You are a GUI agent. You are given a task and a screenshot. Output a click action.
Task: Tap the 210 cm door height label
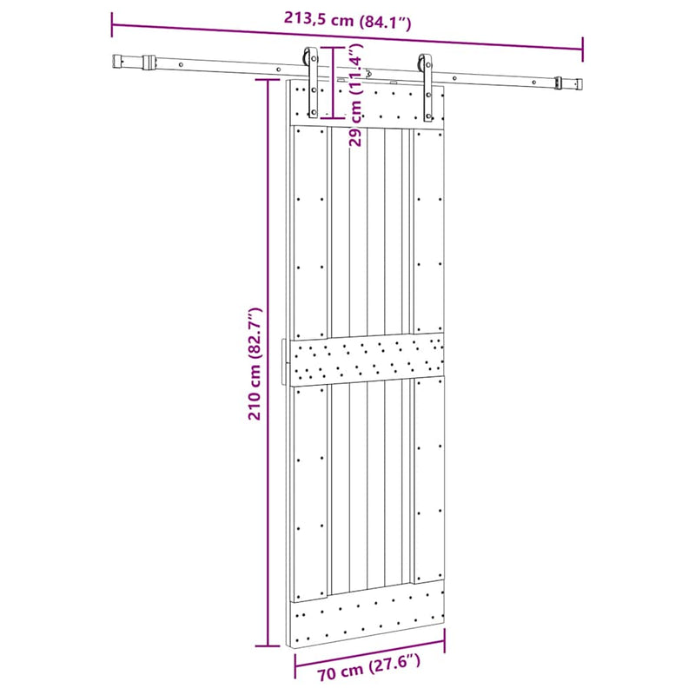tap(255, 363)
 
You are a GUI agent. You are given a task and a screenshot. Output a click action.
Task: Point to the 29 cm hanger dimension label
tap(355, 95)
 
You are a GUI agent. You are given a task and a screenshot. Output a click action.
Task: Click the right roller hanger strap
tap(427, 89)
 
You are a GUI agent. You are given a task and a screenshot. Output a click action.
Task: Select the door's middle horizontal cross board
tap(367, 359)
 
